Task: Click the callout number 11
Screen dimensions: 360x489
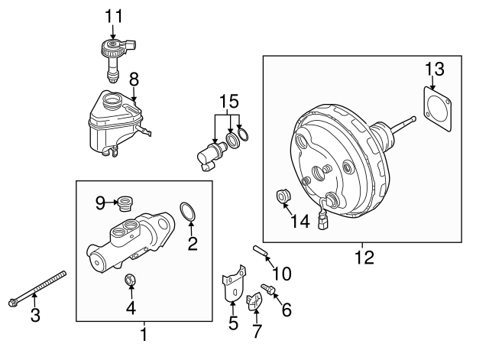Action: pos(113,15)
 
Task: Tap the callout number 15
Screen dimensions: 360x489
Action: pos(228,101)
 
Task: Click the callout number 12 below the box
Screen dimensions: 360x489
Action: pos(364,257)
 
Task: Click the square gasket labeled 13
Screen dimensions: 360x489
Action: pos(439,109)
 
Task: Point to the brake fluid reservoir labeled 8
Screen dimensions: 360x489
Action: pos(111,122)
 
